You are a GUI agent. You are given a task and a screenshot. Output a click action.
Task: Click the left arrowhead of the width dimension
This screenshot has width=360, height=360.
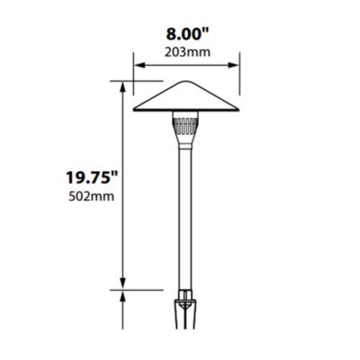pyautogui.click(x=138, y=64)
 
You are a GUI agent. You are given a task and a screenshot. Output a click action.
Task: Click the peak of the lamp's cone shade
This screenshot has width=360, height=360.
pyautogui.click(x=186, y=83)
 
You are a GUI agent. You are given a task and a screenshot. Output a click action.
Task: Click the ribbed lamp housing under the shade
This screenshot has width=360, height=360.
pyautogui.click(x=186, y=118)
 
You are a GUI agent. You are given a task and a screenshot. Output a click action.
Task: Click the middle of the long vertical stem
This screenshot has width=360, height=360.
pyautogui.click(x=186, y=216)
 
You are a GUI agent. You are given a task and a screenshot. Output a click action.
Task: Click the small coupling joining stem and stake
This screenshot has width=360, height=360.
pyautogui.click(x=186, y=294)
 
